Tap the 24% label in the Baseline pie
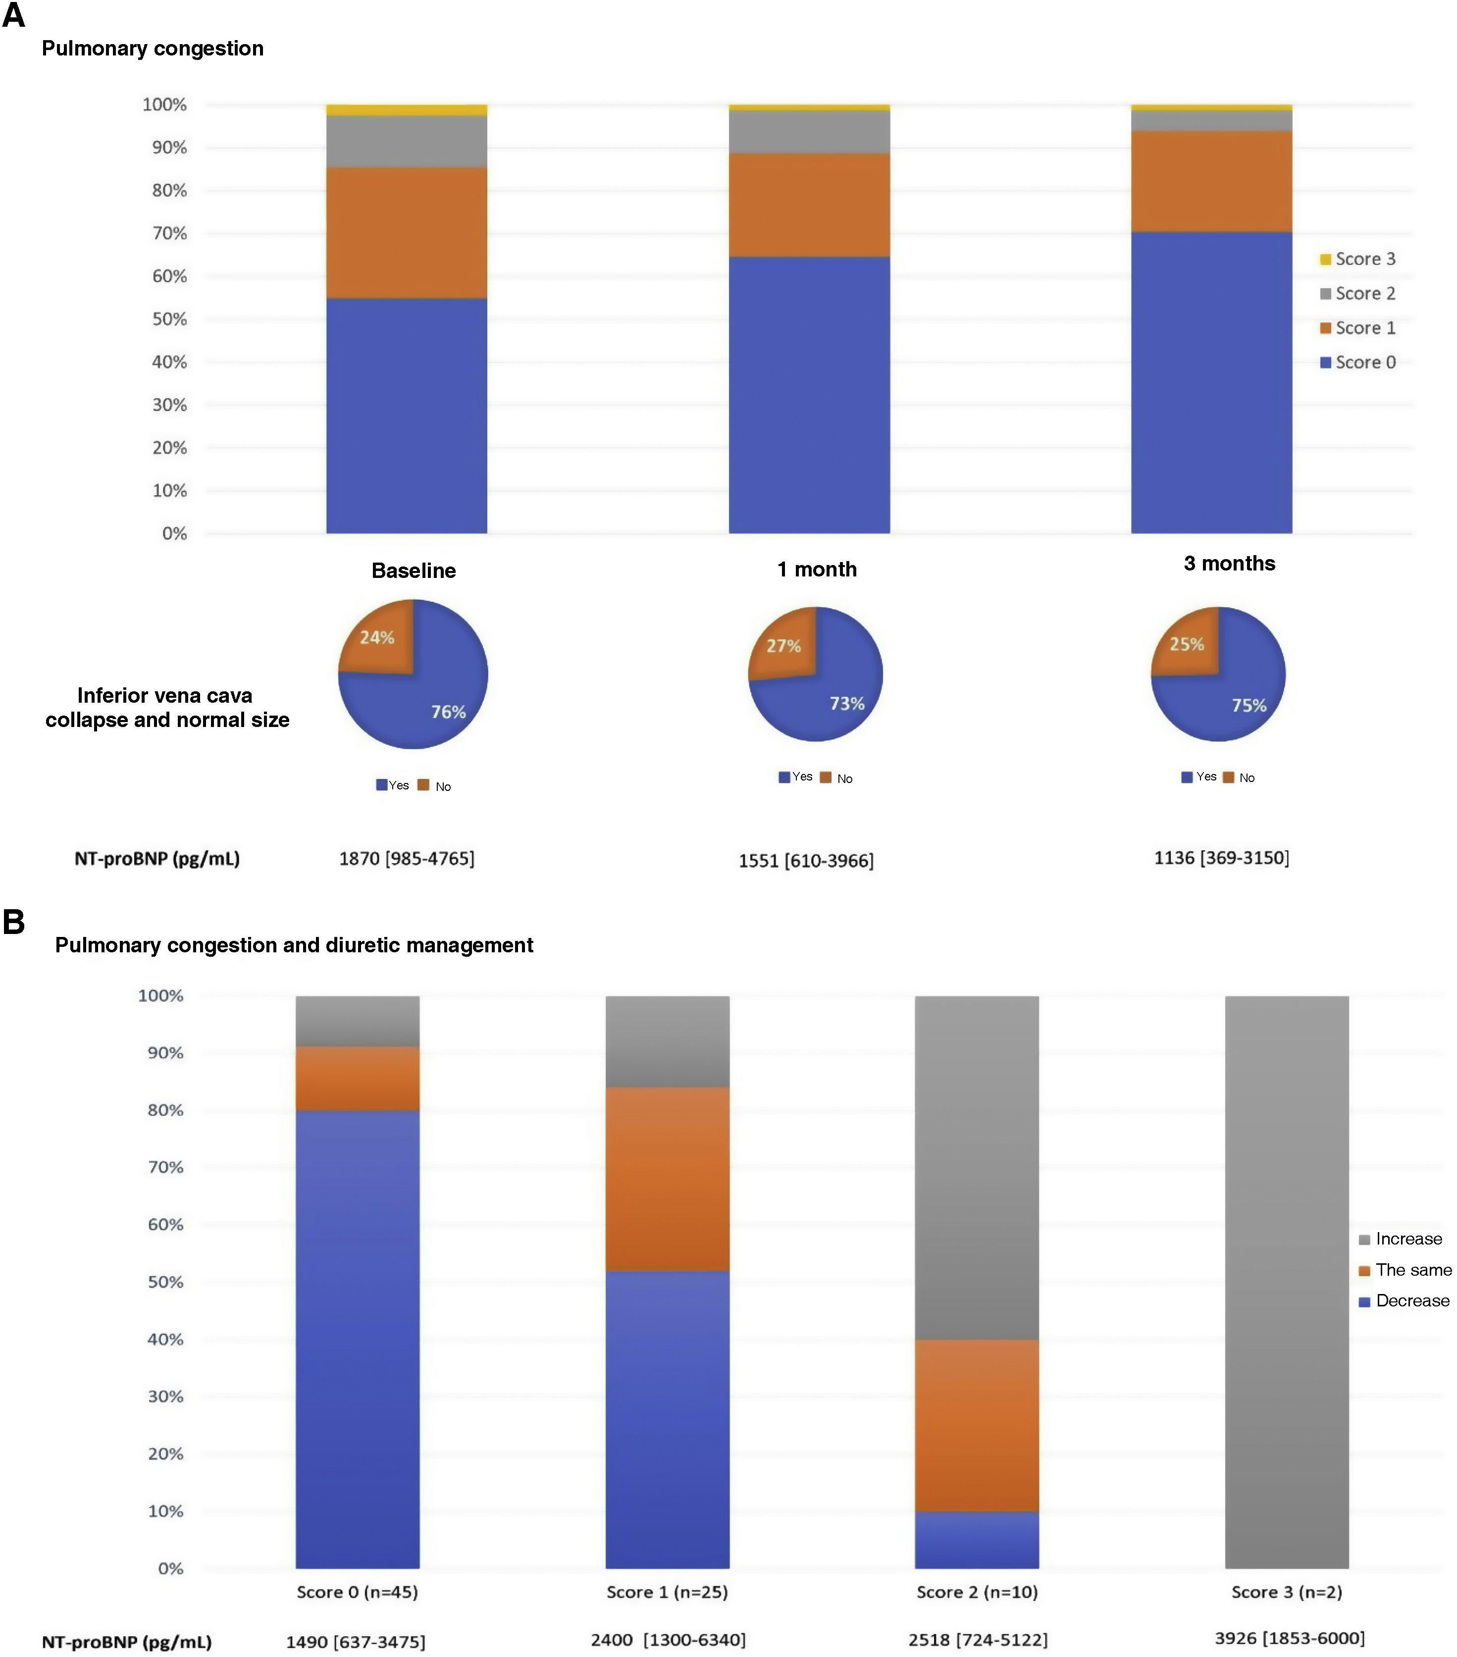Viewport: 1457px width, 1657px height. coord(377,638)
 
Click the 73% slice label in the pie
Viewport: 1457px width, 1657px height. coord(846,704)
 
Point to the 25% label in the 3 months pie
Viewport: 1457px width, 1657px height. coord(1186,644)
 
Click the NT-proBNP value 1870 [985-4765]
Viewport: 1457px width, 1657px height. coord(406,859)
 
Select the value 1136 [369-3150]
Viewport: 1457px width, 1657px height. coord(1221,858)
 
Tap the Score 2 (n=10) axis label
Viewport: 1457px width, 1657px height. coord(977,1592)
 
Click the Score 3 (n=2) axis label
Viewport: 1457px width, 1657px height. coord(1287,1592)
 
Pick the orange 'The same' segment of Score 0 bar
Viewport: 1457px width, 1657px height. coord(358,1078)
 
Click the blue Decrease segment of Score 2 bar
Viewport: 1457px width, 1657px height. coord(977,1540)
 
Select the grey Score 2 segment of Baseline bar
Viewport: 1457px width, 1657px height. coord(406,142)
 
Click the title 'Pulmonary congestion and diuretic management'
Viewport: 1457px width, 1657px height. coord(294,945)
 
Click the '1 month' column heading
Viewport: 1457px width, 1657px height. coord(817,570)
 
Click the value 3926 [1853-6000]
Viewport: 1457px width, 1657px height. coord(1289,1638)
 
